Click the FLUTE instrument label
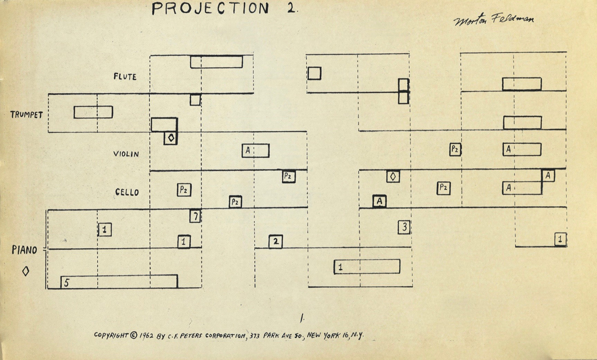pyautogui.click(x=125, y=77)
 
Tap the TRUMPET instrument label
pyautogui.click(x=27, y=115)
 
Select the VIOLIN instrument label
pyautogui.click(x=126, y=154)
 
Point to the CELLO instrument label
pyautogui.click(x=127, y=192)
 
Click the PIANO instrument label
pyautogui.click(x=24, y=250)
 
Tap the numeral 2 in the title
pyautogui.click(x=291, y=8)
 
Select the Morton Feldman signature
pyautogui.click(x=494, y=19)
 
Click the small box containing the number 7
pyautogui.click(x=195, y=216)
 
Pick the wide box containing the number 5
pyautogui.click(x=119, y=281)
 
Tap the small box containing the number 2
pyautogui.click(x=276, y=242)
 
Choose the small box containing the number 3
pyautogui.click(x=404, y=227)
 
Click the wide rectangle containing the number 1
pyautogui.click(x=367, y=267)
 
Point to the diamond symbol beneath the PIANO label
pyautogui.click(x=26, y=271)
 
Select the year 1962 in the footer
pyautogui.click(x=146, y=336)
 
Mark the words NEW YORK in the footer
pyautogui.click(x=323, y=336)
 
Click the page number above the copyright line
pyautogui.click(x=302, y=318)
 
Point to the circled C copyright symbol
pyautogui.click(x=133, y=335)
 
